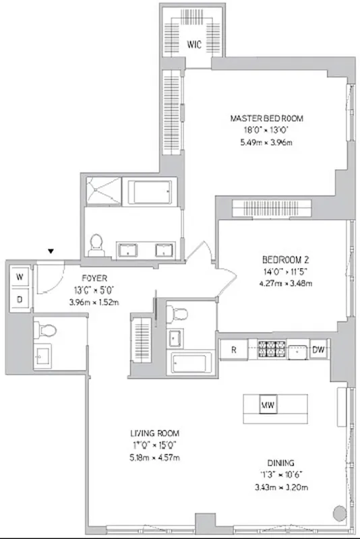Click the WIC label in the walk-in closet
(193, 46)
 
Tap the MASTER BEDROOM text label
(266, 118)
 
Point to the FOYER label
(94, 278)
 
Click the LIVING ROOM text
(154, 433)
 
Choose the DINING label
(280, 463)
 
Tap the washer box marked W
(20, 277)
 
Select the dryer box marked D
(20, 298)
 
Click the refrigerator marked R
(233, 350)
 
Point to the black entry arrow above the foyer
(50, 252)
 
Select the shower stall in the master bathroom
(103, 190)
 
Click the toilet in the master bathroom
(96, 241)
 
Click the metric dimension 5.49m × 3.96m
(266, 142)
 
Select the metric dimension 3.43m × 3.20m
(280, 487)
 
